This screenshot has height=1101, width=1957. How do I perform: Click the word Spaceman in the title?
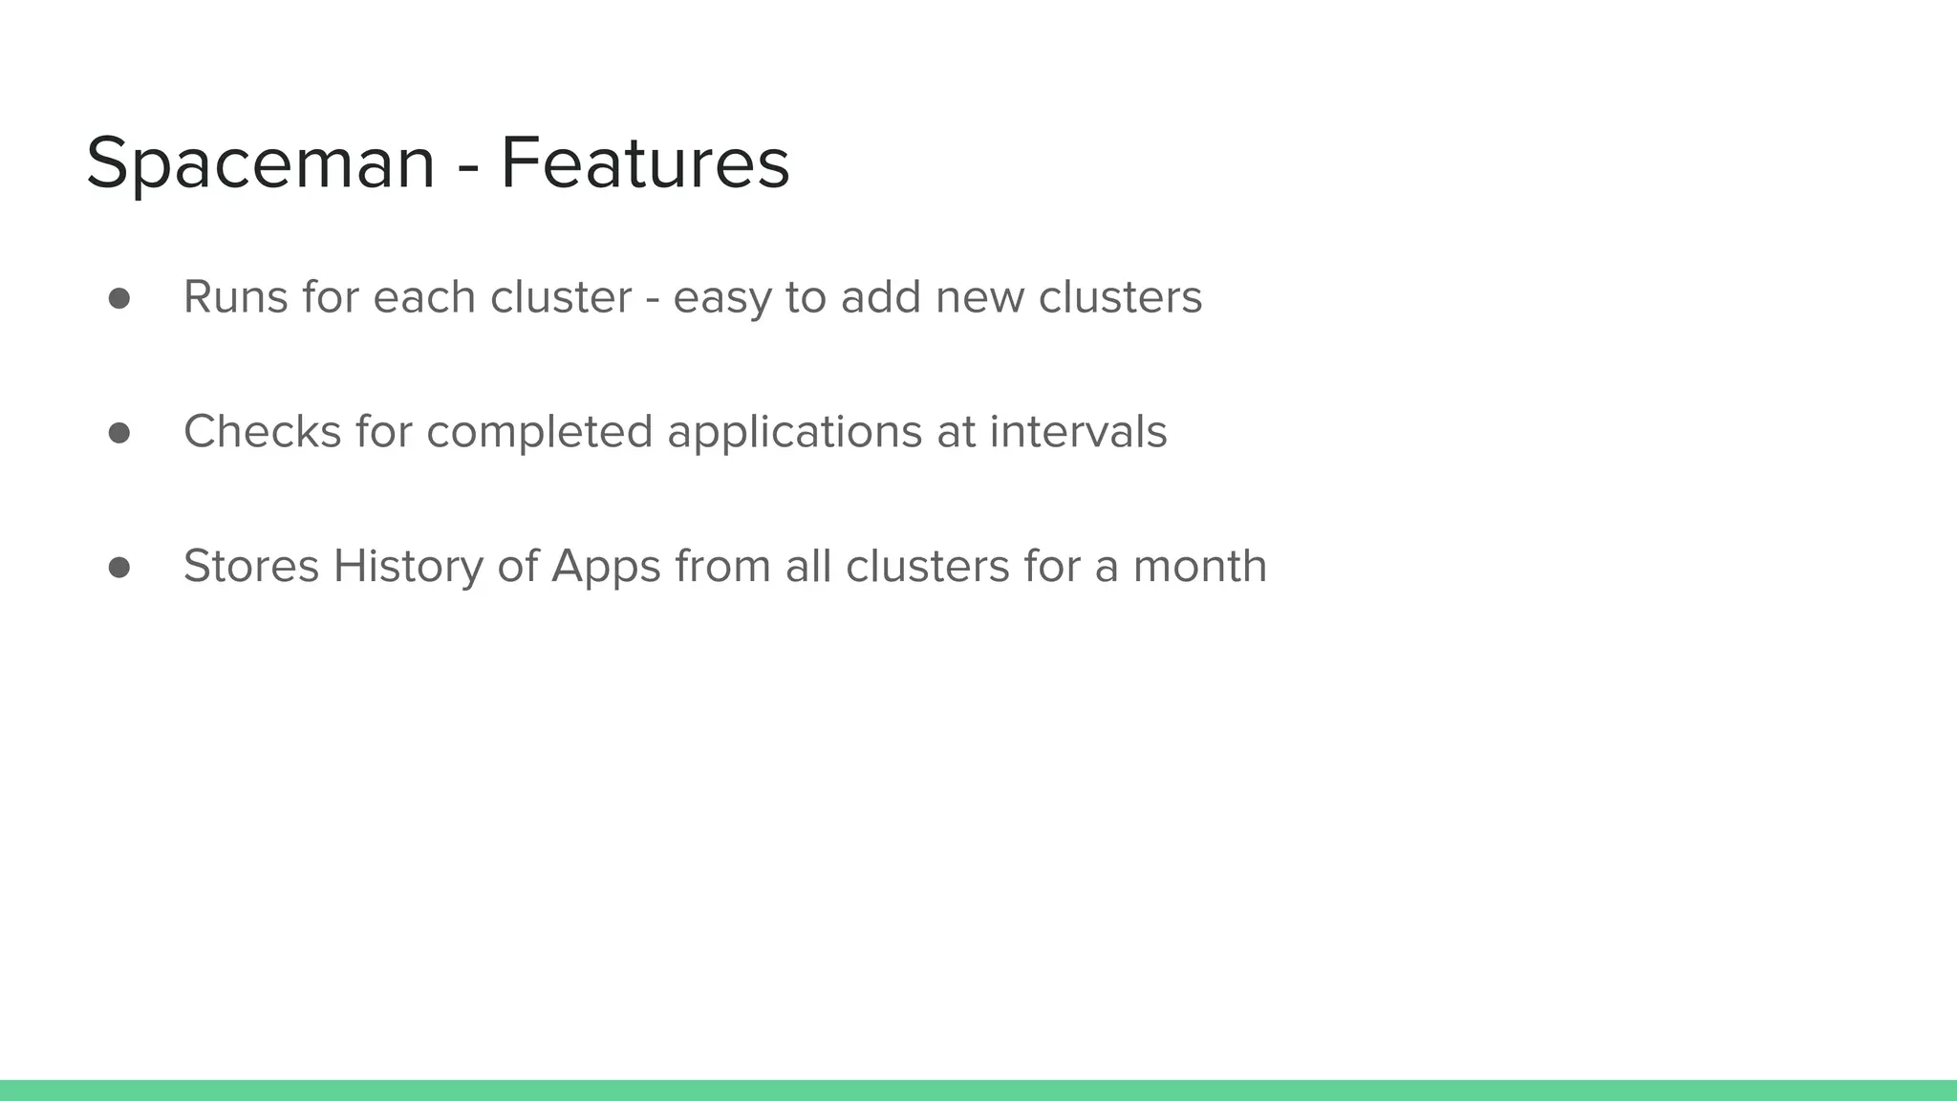(x=260, y=164)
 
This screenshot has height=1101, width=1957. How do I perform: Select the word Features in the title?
(x=645, y=162)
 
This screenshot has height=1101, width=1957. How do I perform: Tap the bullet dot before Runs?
(x=119, y=299)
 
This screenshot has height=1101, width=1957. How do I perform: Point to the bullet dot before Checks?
(x=119, y=433)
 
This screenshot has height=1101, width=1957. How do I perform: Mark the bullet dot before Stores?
(x=119, y=568)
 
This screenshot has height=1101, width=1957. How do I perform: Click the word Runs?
(x=235, y=297)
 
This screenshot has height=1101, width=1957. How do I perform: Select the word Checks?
(x=262, y=431)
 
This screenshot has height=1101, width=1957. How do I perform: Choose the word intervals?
(x=1078, y=431)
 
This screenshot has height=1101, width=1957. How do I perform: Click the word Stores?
(x=250, y=566)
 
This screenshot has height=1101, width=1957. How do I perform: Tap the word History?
(x=408, y=568)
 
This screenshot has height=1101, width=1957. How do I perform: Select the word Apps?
(x=606, y=568)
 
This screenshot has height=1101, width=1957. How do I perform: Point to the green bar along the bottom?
(x=978, y=1090)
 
